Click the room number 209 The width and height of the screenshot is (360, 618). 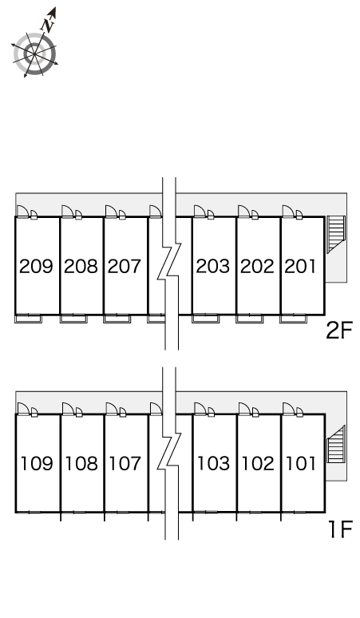[36, 266]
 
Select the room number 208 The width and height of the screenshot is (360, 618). [81, 266]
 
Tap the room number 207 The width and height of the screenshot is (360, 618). [125, 266]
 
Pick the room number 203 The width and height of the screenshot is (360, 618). [213, 266]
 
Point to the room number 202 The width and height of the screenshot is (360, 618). [257, 266]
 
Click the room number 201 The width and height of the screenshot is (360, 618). [300, 266]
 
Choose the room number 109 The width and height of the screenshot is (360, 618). [37, 463]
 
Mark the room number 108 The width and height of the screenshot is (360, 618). [81, 463]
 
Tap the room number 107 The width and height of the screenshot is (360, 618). [125, 463]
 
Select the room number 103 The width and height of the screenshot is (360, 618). [213, 463]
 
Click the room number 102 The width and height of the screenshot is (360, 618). [258, 463]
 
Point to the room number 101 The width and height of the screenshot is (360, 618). [301, 463]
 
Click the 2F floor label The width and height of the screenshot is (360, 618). [338, 331]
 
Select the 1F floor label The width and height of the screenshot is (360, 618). [340, 529]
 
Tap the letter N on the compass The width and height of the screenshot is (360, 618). [48, 26]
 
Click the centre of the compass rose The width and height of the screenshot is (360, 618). [34, 54]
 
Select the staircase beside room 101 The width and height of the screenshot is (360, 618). [336, 444]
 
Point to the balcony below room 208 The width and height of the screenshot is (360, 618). [73, 319]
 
